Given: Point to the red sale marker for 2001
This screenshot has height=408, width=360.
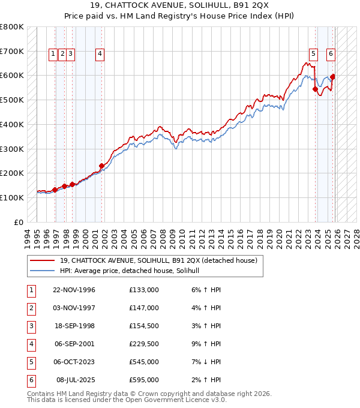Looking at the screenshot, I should coord(101,166).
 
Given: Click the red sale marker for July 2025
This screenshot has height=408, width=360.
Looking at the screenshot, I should coord(332,77).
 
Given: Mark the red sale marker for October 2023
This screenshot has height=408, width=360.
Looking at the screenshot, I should coord(316,89).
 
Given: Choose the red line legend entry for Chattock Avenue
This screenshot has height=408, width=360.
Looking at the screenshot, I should coord(158,260).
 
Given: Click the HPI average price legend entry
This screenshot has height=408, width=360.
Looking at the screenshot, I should coord(133,271).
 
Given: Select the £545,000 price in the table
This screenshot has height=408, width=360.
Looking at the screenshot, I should coord(143,362).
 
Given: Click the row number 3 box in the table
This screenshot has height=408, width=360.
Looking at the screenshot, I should coord(31,326).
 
